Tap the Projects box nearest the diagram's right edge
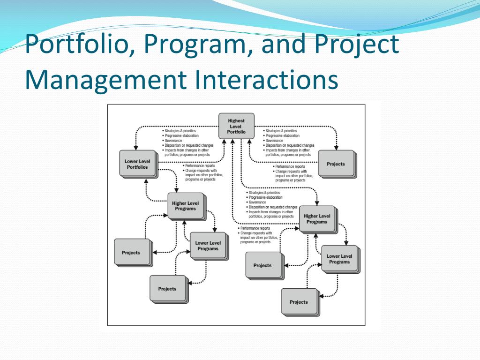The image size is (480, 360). pyautogui.click(x=336, y=164)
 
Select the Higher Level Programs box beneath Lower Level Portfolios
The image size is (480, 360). pyautogui.click(x=185, y=206)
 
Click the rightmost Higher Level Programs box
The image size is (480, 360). pyautogui.click(x=317, y=219)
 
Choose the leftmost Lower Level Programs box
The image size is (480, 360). pyautogui.click(x=208, y=246)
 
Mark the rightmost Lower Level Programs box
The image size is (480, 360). pyautogui.click(x=339, y=259)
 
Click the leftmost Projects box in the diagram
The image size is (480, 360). pyautogui.click(x=131, y=253)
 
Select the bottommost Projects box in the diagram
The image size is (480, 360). pyautogui.click(x=299, y=302)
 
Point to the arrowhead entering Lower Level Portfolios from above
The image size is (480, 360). pyautogui.click(x=135, y=147)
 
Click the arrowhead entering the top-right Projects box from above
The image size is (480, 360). pyautogui.click(x=336, y=147)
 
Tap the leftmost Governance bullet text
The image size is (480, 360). pyautogui.click(x=171, y=141)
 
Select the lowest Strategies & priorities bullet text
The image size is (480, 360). pyautogui.click(x=263, y=193)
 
